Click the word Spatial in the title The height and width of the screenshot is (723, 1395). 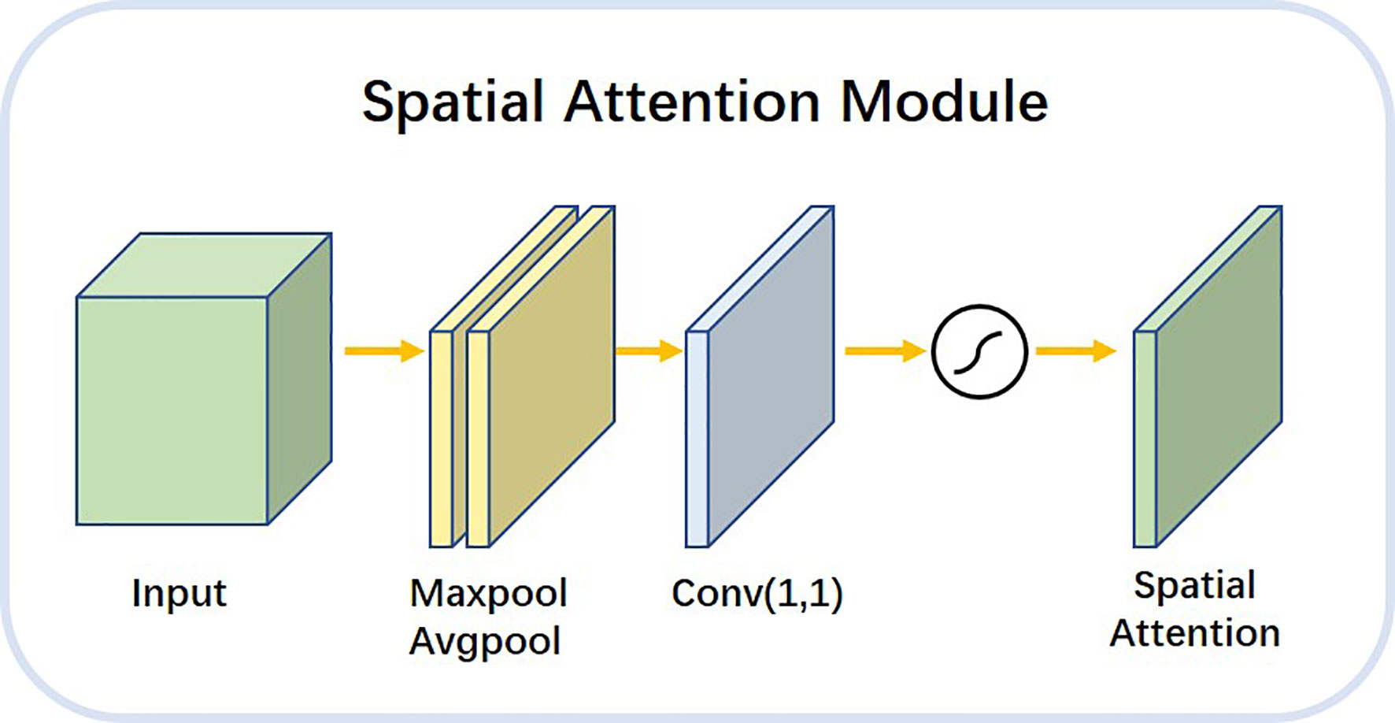click(x=453, y=103)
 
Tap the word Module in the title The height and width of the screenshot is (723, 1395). click(x=945, y=102)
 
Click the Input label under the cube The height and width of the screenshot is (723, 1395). click(x=179, y=594)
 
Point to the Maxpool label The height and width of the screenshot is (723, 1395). click(x=488, y=594)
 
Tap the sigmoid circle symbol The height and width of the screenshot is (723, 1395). click(x=979, y=351)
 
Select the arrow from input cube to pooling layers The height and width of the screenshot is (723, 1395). click(x=384, y=350)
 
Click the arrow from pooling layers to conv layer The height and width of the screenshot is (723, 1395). click(x=649, y=350)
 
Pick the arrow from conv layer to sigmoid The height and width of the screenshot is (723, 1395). click(x=885, y=350)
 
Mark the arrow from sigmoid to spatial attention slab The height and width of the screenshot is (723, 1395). click(x=1076, y=350)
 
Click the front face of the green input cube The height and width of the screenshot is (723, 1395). click(x=172, y=410)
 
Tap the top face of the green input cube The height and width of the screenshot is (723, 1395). click(x=204, y=265)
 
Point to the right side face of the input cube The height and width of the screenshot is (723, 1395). click(x=300, y=379)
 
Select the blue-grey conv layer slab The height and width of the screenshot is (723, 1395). click(x=760, y=376)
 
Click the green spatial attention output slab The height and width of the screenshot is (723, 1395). click(x=1208, y=376)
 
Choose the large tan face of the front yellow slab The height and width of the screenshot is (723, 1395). click(x=551, y=376)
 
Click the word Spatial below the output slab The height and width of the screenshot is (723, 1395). click(x=1194, y=586)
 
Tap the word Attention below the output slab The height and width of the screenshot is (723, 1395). click(x=1194, y=633)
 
